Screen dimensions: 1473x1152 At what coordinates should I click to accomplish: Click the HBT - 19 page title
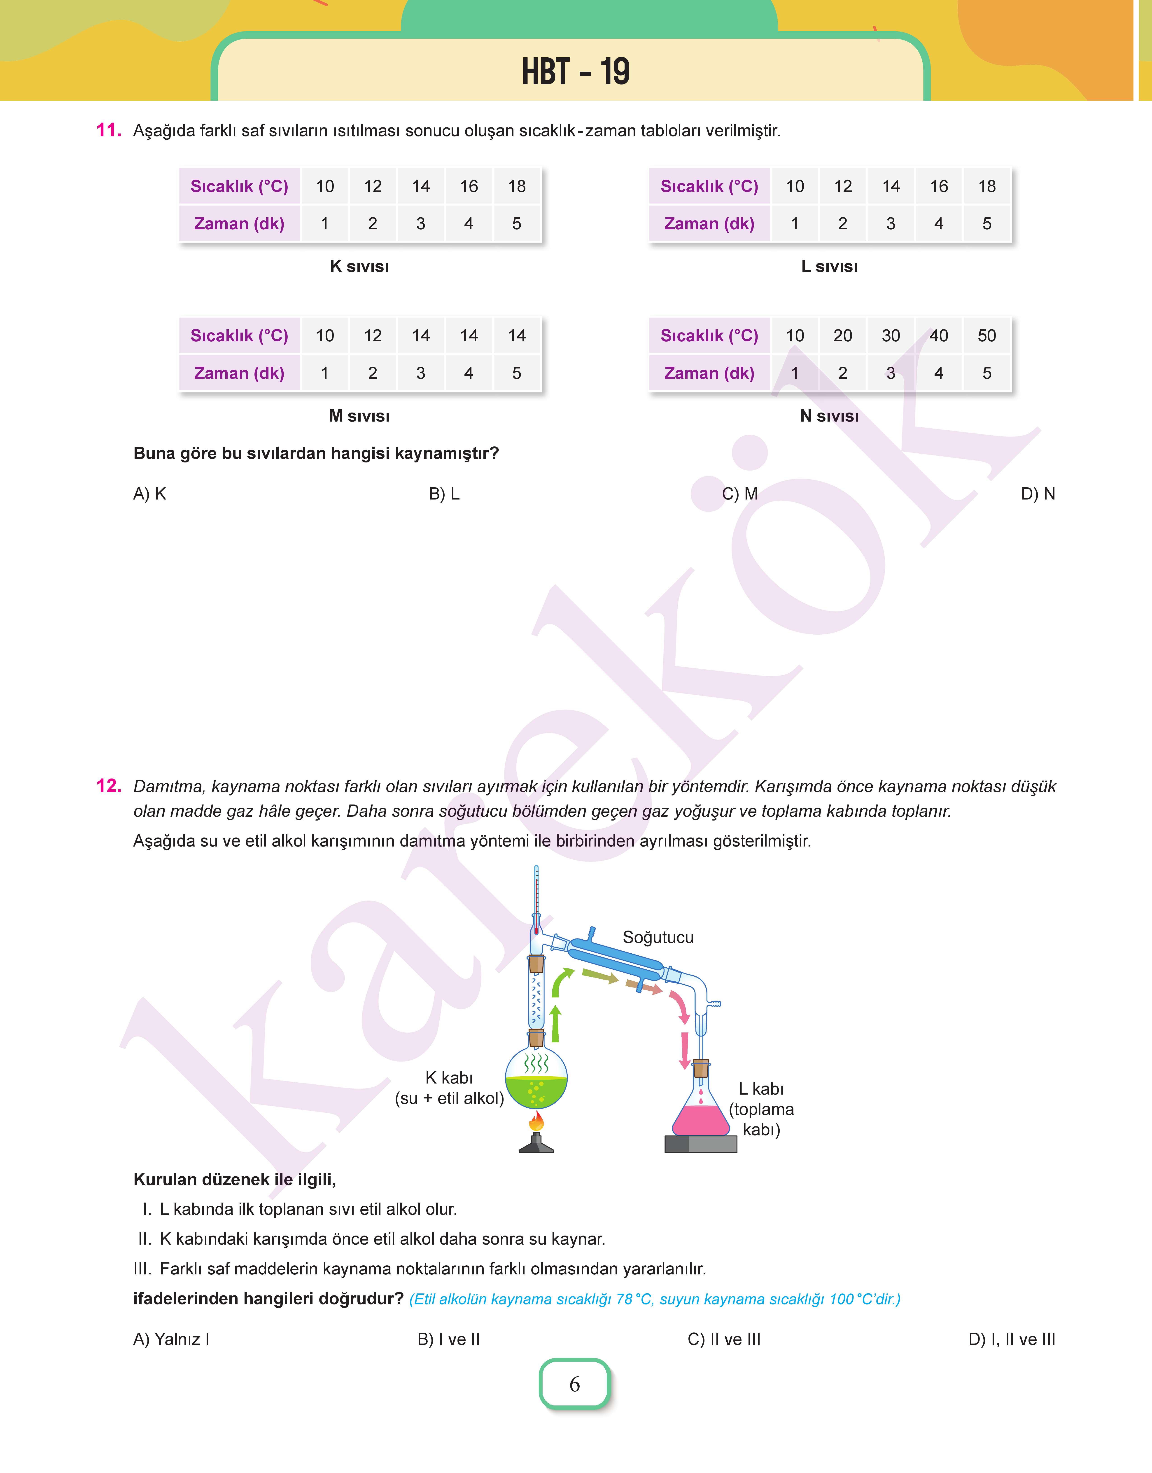575,72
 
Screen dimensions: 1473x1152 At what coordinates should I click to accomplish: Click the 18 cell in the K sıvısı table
517,186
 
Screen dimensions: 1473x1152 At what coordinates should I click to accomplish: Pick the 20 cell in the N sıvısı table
842,335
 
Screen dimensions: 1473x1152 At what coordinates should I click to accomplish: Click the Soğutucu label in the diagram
658,937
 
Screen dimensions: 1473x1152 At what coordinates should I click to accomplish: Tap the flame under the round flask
536,1121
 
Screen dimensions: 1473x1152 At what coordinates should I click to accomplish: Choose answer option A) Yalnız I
171,1339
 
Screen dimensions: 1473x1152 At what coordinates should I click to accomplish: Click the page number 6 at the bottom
575,1384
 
